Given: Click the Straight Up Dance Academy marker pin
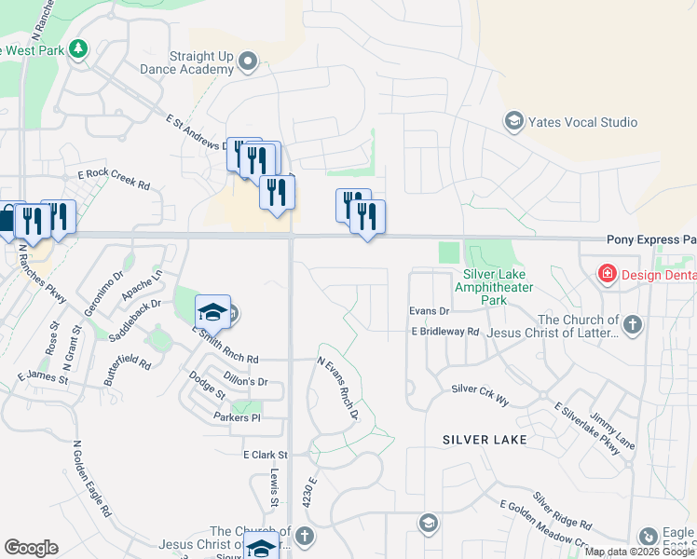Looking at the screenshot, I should pyautogui.click(x=247, y=62).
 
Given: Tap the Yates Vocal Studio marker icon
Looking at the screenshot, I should pyautogui.click(x=513, y=121).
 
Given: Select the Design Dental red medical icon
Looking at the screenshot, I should pyautogui.click(x=608, y=273).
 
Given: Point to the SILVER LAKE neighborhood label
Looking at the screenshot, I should pyautogui.click(x=485, y=439).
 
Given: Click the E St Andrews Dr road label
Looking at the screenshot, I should pyautogui.click(x=200, y=131).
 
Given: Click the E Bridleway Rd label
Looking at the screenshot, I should pyautogui.click(x=444, y=331).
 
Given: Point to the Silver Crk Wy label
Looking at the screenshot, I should pyautogui.click(x=480, y=394).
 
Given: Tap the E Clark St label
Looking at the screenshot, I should pyautogui.click(x=266, y=455).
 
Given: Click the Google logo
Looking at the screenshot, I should pyautogui.click(x=31, y=547).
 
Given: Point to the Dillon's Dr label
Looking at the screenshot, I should pyautogui.click(x=246, y=381).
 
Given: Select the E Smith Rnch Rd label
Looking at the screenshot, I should pyautogui.click(x=225, y=344).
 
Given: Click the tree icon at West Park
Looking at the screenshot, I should pyautogui.click(x=78, y=48).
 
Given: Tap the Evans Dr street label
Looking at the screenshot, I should pyautogui.click(x=429, y=310).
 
